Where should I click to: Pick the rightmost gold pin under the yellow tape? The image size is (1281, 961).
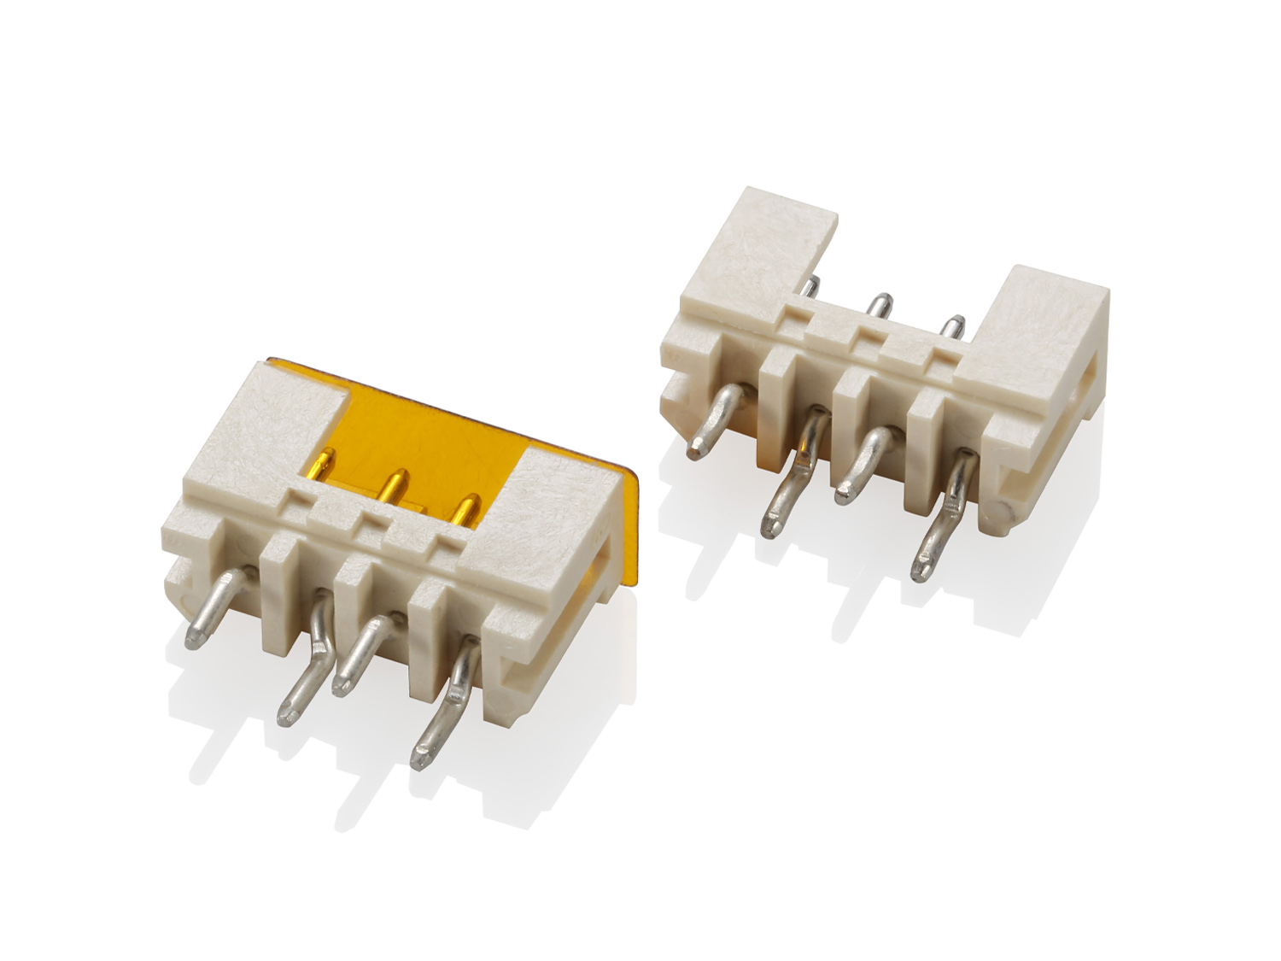pyautogui.click(x=465, y=512)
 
